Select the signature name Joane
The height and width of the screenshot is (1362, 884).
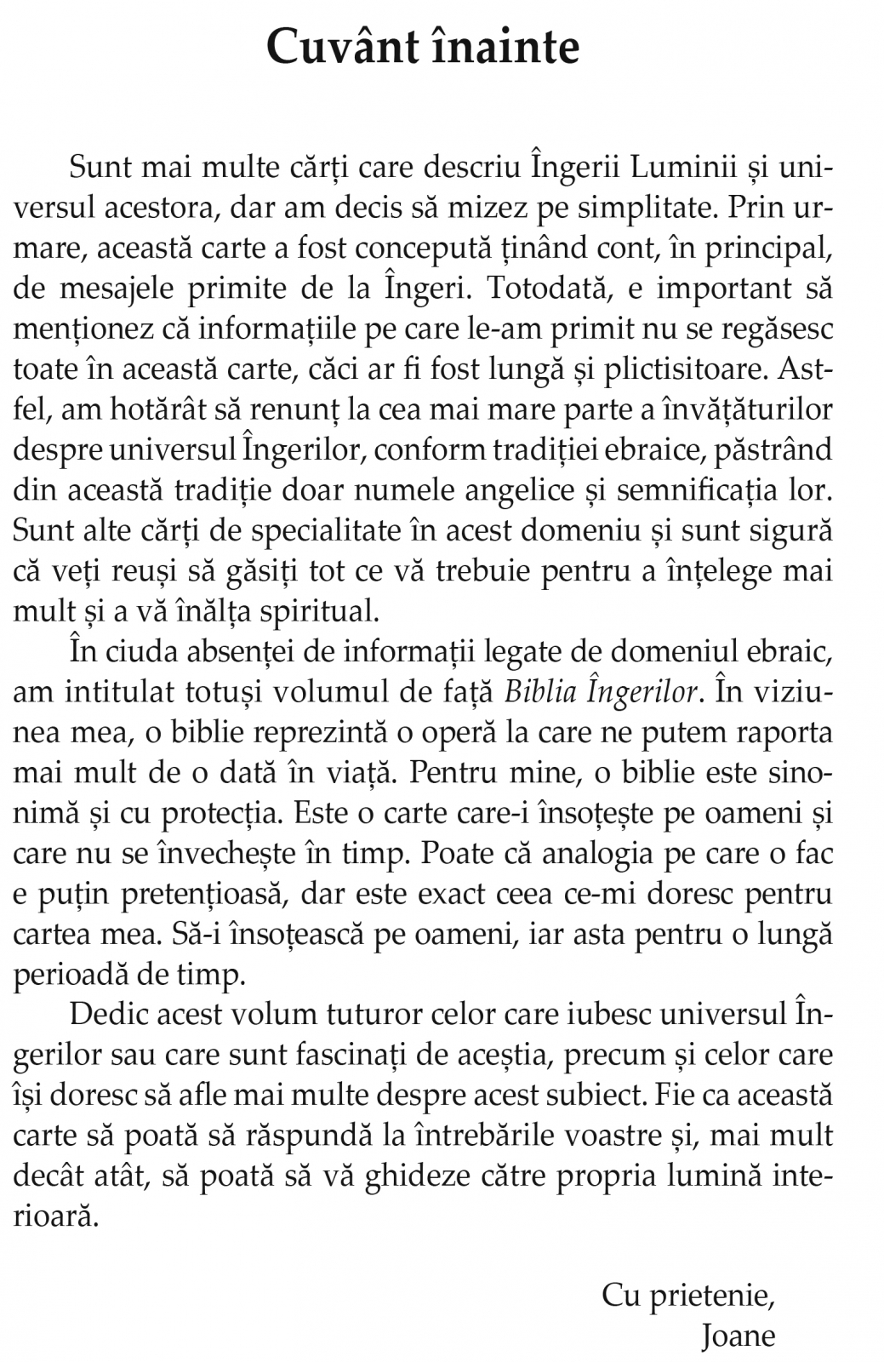pyautogui.click(x=739, y=1336)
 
